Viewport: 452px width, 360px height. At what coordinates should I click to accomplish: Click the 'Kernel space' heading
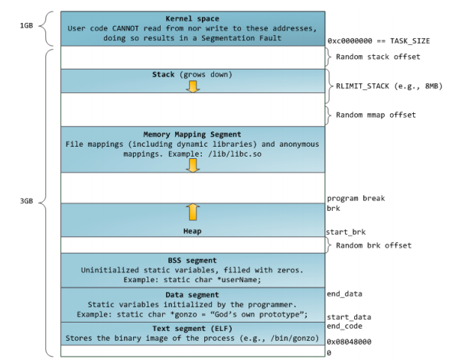[192, 18]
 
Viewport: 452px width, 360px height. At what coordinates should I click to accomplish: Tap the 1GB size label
[27, 26]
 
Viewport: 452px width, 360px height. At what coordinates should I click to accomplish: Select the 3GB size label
[27, 201]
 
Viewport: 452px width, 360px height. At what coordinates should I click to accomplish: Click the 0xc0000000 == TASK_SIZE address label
[379, 41]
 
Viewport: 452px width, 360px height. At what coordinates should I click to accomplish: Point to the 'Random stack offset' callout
[378, 57]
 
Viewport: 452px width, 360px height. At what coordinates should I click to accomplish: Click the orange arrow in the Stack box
[193, 86]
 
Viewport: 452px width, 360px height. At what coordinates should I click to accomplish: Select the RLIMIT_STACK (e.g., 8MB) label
[389, 86]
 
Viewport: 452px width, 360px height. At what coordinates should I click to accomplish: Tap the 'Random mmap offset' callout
[376, 115]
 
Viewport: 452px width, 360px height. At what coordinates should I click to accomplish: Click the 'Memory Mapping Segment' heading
[192, 135]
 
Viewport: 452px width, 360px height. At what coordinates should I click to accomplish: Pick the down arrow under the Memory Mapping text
[193, 166]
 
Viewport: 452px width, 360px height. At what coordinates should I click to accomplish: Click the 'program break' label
[356, 199]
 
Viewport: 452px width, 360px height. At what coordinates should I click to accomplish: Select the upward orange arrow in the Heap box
[193, 212]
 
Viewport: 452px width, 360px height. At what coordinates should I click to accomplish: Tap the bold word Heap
[192, 232]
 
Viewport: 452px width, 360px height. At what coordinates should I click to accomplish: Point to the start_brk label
[346, 232]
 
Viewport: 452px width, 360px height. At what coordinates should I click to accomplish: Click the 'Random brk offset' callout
[373, 245]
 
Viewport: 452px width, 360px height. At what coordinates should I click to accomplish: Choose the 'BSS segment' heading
[192, 261]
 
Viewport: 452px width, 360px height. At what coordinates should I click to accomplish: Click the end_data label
[344, 294]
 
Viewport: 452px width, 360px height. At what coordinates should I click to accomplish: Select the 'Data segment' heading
[192, 295]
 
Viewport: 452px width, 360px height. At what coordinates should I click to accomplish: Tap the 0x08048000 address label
[349, 342]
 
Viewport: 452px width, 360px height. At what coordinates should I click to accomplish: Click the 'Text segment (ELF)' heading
[192, 329]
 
